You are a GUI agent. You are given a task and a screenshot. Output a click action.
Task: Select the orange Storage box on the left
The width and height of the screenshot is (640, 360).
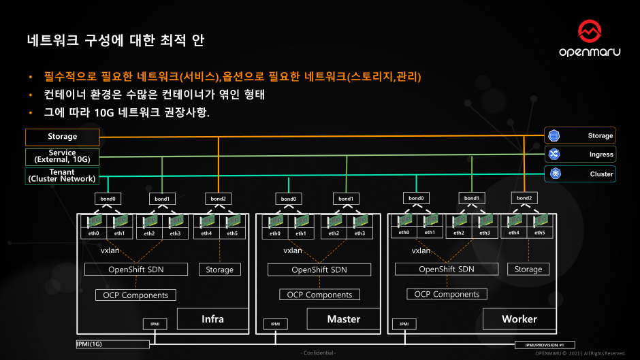pos(62,137)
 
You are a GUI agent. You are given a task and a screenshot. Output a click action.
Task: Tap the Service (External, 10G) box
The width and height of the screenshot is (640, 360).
pos(62,157)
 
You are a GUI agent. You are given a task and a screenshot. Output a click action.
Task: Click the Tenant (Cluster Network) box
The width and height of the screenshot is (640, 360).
pos(62,176)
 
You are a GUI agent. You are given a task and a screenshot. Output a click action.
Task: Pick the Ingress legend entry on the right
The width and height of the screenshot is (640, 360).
pos(579,154)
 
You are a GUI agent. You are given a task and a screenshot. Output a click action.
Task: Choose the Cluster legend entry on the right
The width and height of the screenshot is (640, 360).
pos(579,174)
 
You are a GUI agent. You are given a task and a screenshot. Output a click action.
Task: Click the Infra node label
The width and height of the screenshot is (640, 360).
pos(212,318)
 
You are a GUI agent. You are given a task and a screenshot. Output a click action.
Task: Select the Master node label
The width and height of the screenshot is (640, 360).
pos(343,318)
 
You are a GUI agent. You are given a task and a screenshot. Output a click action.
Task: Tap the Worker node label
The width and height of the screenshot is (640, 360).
pos(519,318)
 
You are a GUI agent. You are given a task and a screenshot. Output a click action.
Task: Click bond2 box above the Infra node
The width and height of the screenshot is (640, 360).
pos(219,199)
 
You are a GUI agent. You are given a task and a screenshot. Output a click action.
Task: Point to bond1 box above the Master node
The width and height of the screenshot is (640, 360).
pos(346,199)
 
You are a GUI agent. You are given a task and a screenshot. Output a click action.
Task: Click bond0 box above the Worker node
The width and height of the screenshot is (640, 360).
pos(416,198)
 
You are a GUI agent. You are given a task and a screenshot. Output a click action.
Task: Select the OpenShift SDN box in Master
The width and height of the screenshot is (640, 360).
pos(319,269)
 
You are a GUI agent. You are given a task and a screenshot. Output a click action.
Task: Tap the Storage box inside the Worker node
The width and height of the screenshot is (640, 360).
pos(528,269)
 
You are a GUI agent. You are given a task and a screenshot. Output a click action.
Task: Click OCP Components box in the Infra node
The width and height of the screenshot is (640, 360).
pos(135,295)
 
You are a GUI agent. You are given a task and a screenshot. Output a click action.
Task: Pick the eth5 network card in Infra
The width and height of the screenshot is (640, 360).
pos(232,226)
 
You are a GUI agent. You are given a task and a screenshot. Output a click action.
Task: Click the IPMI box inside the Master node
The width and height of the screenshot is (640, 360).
pos(275,325)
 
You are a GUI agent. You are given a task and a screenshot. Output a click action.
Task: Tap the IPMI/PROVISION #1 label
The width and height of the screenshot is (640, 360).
pos(550,345)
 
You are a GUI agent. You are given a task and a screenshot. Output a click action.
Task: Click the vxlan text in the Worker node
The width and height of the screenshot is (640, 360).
pos(421,250)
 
